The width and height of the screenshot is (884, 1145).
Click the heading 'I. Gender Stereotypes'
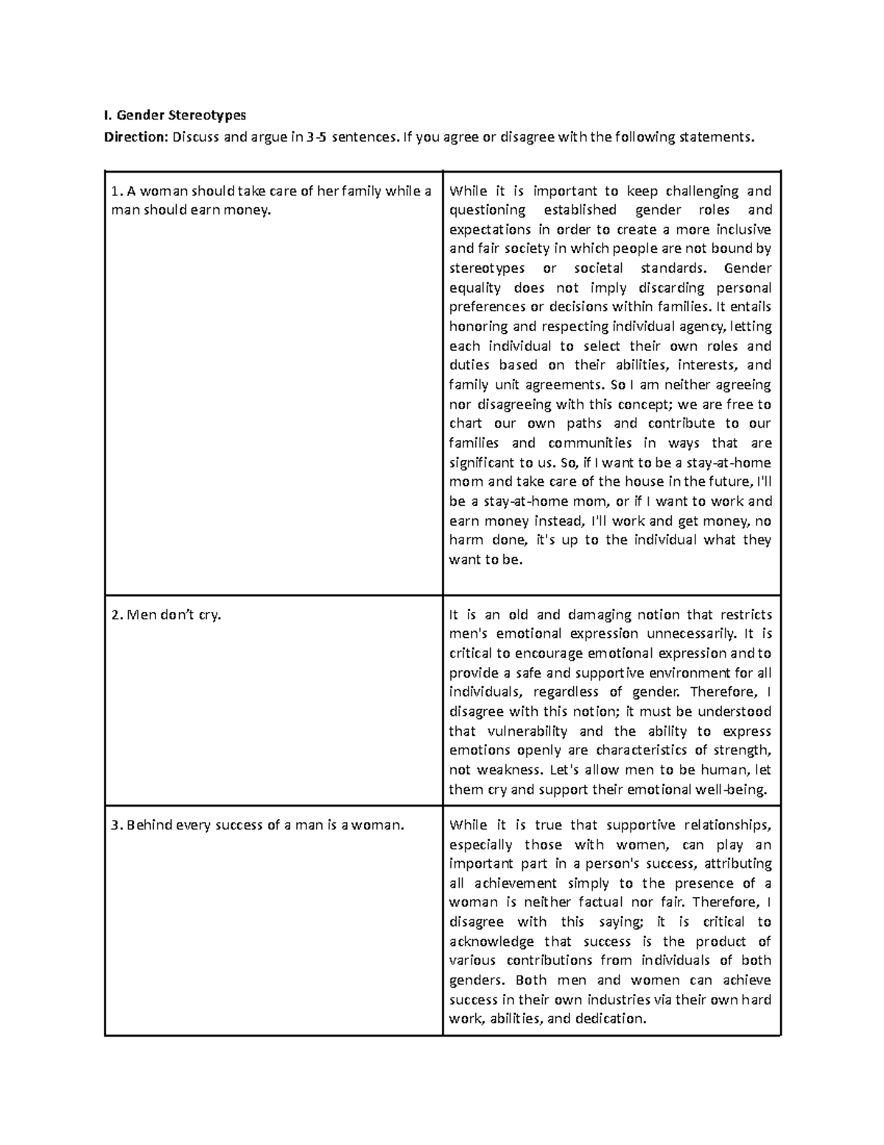[174, 115]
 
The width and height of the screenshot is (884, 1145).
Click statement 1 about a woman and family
[270, 201]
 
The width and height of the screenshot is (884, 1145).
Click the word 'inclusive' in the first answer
[743, 229]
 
